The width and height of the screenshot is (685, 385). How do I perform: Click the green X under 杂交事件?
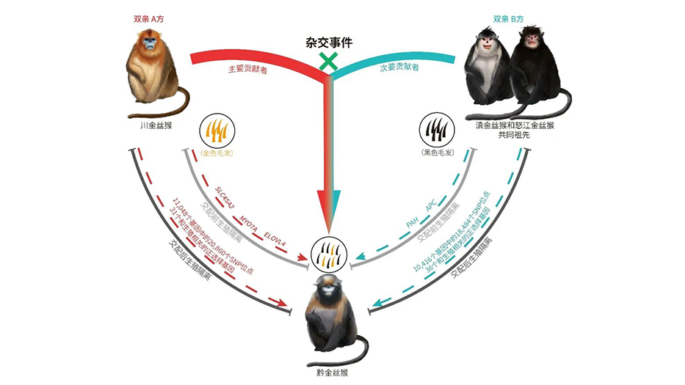328,62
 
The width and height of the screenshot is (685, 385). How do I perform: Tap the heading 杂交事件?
328,43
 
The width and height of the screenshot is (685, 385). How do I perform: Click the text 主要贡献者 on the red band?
247,69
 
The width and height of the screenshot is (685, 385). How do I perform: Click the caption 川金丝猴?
156,125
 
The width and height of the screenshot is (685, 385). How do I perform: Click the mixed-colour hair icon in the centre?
328,253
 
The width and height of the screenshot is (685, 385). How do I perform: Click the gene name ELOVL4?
276,230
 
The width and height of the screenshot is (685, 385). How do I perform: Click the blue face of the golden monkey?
150,51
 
